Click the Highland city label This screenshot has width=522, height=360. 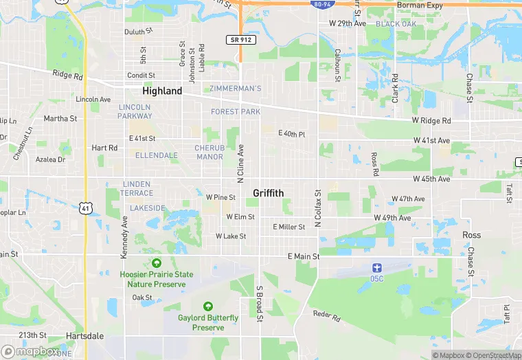pyautogui.click(x=162, y=91)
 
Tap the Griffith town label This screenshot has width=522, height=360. pyautogui.click(x=268, y=193)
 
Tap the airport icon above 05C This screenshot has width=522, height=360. pyautogui.click(x=376, y=267)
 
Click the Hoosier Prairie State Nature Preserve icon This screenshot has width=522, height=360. pyautogui.click(x=156, y=263)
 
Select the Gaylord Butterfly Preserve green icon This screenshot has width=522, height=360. pyautogui.click(x=208, y=306)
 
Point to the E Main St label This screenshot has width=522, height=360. pyautogui.click(x=303, y=256)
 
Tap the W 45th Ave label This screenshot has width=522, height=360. pyautogui.click(x=431, y=179)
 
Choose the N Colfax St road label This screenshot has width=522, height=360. pyautogui.click(x=318, y=208)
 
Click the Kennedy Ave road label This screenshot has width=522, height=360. pyautogui.click(x=124, y=237)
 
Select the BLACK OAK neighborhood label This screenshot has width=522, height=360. pyautogui.click(x=396, y=24)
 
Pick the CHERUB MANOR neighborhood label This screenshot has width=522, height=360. pyautogui.click(x=209, y=152)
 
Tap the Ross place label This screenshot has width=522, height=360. pyautogui.click(x=471, y=235)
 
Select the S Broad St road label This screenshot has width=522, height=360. pyautogui.click(x=260, y=304)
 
